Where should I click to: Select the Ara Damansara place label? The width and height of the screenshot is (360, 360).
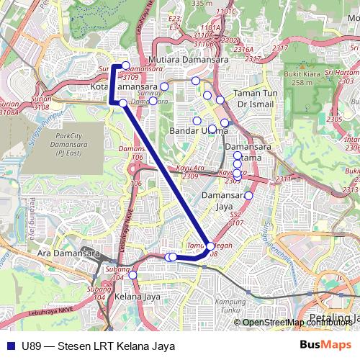(68, 254)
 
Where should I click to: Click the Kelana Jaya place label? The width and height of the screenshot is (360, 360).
(138, 296)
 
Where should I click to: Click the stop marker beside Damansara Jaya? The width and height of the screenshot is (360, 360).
(248, 196)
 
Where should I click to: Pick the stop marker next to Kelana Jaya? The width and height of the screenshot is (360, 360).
(132, 274)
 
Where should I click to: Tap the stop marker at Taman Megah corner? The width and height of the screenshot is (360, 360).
(210, 247)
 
